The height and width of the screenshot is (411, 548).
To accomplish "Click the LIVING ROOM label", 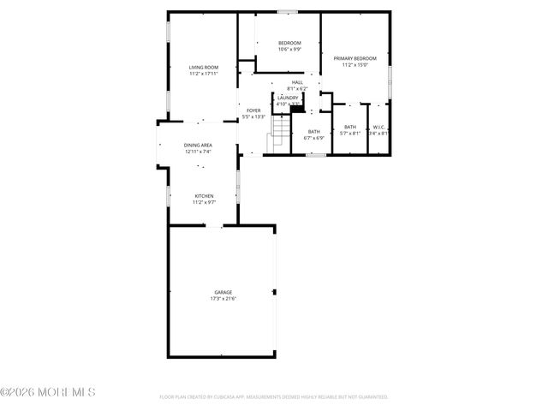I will (x=204, y=67).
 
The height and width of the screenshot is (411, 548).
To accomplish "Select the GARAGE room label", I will (x=223, y=292).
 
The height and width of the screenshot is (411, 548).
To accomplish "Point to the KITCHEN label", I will (x=203, y=196).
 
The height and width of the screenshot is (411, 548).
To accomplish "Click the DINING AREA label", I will (x=198, y=146).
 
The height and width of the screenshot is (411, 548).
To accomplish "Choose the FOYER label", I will (x=253, y=110).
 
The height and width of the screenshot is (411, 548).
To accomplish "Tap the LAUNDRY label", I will (x=287, y=98).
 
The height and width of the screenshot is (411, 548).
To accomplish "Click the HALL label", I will (x=297, y=82).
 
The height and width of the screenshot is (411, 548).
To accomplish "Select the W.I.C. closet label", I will (x=378, y=127).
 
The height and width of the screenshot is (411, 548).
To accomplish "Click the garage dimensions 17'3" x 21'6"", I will (x=223, y=299).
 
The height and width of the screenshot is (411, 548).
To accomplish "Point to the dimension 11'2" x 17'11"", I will (x=204, y=74).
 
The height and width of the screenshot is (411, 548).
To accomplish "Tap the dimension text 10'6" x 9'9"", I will (x=289, y=49).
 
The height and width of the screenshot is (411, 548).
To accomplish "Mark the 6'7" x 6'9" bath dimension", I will (x=314, y=138).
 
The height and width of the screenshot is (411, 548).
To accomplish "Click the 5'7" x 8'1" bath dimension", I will (x=350, y=133).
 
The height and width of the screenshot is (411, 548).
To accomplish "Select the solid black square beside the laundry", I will (x=298, y=108).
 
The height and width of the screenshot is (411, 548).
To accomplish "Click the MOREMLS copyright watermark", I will (x=48, y=392).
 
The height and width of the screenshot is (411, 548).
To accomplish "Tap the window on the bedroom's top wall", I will (x=287, y=11).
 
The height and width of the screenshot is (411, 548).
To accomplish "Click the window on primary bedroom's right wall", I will (x=390, y=80).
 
